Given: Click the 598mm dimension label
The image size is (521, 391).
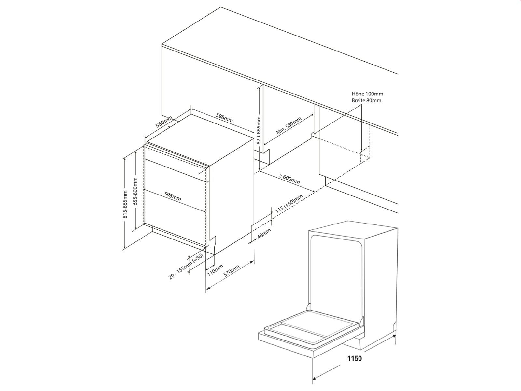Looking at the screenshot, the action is pyautogui.click(x=224, y=118).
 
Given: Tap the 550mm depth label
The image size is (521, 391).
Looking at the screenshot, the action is pyautogui.click(x=163, y=122).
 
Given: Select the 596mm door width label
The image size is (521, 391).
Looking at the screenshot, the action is pyautogui.click(x=173, y=196).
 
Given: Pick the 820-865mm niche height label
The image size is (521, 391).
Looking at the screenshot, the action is pyautogui.click(x=259, y=130).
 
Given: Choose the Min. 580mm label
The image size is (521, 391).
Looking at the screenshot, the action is pyautogui.click(x=289, y=126).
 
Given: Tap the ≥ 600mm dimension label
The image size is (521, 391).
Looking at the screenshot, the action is pyautogui.click(x=289, y=179).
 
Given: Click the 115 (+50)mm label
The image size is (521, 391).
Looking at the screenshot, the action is pyautogui.click(x=289, y=204).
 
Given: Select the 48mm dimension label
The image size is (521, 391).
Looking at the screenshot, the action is pyautogui.click(x=264, y=234).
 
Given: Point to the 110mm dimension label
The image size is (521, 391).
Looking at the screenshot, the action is pyautogui.click(x=215, y=270).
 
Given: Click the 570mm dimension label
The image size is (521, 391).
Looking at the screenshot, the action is pyautogui.click(x=232, y=270).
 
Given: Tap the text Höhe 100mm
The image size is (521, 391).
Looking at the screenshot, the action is pyautogui.click(x=367, y=94).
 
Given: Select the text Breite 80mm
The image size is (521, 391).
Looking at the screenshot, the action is pyautogui.click(x=366, y=100).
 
